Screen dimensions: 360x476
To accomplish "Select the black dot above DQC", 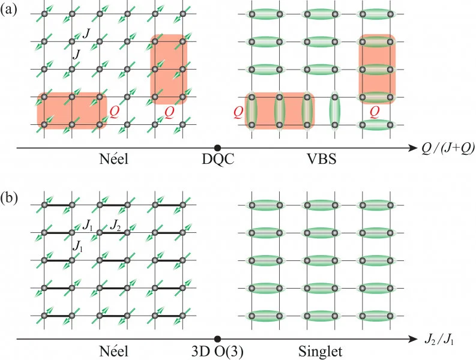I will (x=217, y=148).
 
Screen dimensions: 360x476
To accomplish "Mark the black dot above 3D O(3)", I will (x=217, y=339).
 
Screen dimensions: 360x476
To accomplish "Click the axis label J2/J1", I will (x=439, y=340).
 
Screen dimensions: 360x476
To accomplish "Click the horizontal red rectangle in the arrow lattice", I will (x=71, y=110).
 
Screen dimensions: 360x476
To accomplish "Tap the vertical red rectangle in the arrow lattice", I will (x=169, y=70).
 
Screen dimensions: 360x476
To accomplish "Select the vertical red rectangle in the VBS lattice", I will (x=377, y=69).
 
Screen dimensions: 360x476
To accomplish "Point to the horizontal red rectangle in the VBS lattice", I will (x=280, y=110).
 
